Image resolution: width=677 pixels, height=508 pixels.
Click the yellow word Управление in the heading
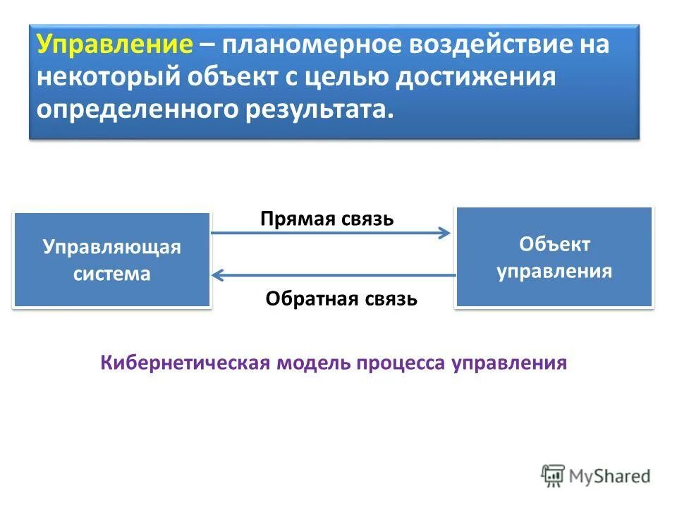115,46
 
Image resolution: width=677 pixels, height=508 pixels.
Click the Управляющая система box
112,260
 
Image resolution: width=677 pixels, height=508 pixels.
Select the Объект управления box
554,257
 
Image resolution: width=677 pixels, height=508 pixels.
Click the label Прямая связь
327,218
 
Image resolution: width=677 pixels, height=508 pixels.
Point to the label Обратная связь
341,299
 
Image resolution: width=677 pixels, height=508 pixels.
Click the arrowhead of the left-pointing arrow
216,274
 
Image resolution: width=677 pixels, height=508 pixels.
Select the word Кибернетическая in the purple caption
185,363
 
